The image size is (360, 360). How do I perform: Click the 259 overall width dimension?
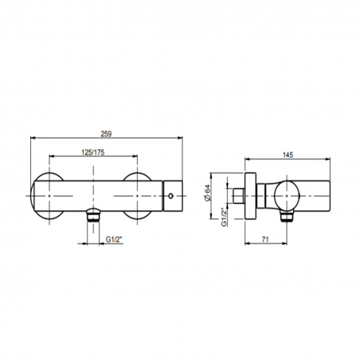click(x=106, y=134)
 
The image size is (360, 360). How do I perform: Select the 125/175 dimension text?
click(x=93, y=152)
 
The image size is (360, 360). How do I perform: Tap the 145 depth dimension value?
click(x=288, y=155)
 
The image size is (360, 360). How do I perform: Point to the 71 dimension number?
click(x=265, y=240)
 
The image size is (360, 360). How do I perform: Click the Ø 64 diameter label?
click(x=207, y=193)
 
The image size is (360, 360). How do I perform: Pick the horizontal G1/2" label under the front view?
click(x=114, y=240)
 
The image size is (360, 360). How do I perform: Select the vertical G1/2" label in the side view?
click(x=225, y=217)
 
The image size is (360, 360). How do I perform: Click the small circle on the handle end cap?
click(x=170, y=196)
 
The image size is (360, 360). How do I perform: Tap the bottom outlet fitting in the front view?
click(x=93, y=215)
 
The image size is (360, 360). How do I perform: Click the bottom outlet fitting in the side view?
click(x=288, y=216)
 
